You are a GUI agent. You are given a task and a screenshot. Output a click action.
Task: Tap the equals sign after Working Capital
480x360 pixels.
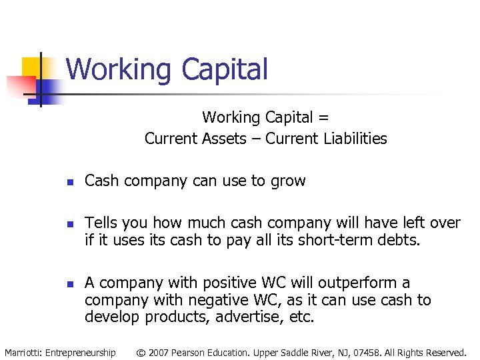click(323, 118)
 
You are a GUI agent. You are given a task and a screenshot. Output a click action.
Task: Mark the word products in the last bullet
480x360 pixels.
click(168, 317)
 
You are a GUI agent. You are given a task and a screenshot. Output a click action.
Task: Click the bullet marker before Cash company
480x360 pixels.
click(69, 182)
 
